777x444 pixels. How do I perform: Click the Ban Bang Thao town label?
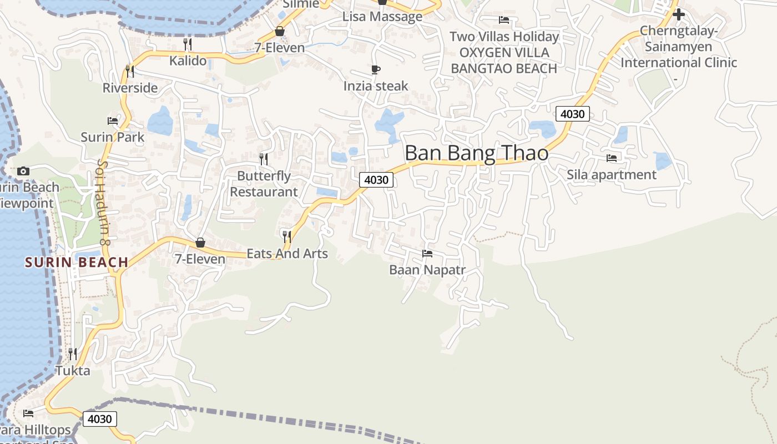(476, 153)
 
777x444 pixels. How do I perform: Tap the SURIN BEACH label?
(77, 262)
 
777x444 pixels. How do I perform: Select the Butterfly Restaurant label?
(264, 184)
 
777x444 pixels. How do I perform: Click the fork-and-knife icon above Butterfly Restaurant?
(264, 159)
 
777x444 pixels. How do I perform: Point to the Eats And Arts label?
(287, 254)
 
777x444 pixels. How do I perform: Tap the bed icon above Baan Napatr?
(427, 254)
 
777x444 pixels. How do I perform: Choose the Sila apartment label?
(611, 175)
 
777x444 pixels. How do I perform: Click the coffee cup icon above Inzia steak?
(376, 70)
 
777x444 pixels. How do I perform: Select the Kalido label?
(188, 60)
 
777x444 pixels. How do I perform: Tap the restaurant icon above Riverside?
(129, 71)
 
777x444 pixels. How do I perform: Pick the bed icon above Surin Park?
(113, 120)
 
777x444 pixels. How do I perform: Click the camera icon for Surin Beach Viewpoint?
(23, 171)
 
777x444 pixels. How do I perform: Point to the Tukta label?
(72, 370)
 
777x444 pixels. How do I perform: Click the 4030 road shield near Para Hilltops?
(100, 419)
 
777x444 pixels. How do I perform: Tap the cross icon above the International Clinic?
(678, 14)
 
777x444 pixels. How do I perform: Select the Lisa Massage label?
(382, 17)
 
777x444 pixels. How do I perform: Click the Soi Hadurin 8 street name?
(101, 203)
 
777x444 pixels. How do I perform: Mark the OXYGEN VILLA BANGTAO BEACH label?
(504, 60)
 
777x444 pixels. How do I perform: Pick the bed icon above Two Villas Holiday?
(504, 20)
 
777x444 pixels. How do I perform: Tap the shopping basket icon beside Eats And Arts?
(200, 243)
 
